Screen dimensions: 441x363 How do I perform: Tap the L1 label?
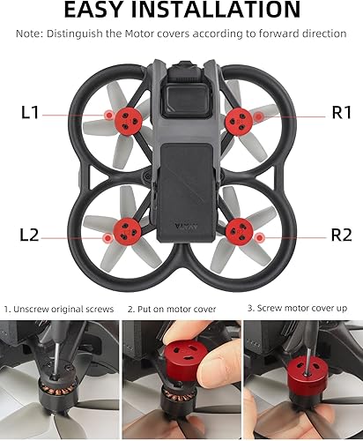tap(30, 114)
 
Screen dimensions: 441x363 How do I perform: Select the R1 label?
tap(342, 114)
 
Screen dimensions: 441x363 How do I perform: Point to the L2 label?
tap(30, 235)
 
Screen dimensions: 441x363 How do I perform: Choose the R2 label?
tap(342, 235)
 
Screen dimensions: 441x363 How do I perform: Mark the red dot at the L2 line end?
tap(107, 236)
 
